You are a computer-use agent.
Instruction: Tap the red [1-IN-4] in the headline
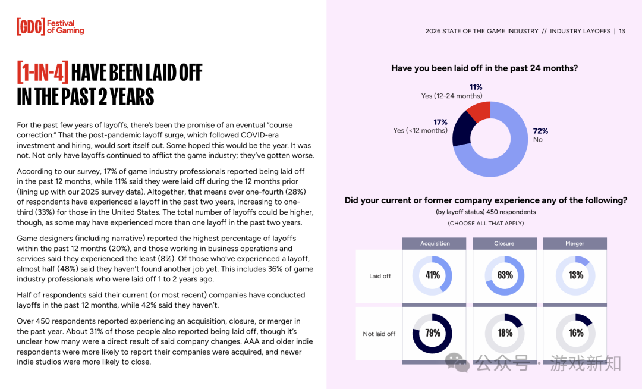[43, 73]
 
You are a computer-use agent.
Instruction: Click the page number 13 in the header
[622, 32]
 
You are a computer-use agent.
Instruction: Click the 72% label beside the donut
[540, 131]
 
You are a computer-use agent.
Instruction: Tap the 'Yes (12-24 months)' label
[452, 96]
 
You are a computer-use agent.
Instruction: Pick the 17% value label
[440, 122]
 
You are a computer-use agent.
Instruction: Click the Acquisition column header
[435, 244]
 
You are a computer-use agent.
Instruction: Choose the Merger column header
[575, 244]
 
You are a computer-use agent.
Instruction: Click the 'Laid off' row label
[380, 276]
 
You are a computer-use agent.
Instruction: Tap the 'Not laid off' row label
[379, 334]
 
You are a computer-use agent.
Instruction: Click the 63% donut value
[505, 275]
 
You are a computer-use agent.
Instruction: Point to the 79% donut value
[433, 333]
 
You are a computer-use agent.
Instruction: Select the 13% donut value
[575, 275]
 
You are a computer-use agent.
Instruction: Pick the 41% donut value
[433, 275]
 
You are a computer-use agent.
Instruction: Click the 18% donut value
[505, 333]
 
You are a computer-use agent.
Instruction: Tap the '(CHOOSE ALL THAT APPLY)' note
[486, 224]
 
